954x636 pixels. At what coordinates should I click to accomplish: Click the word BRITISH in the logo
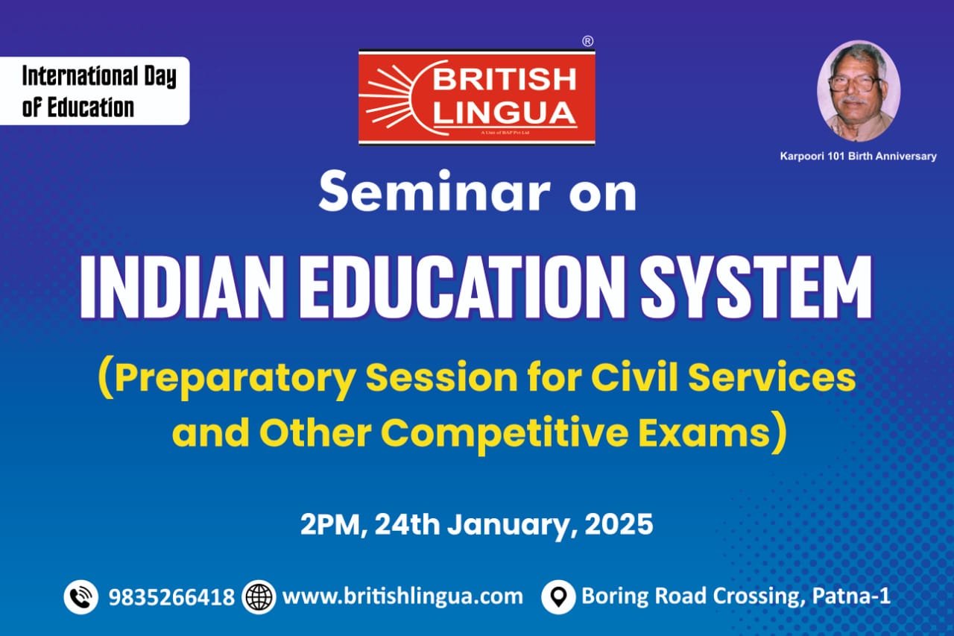click(x=504, y=80)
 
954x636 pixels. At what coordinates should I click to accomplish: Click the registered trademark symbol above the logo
click(x=588, y=41)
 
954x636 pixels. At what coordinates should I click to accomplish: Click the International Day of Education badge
click(x=95, y=91)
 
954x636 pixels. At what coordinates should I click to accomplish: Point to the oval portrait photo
click(x=859, y=91)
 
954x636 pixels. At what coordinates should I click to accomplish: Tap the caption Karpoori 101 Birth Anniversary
click(x=858, y=157)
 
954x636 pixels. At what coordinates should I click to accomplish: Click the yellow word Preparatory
click(x=235, y=379)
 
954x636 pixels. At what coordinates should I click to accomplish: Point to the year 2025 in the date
click(x=619, y=524)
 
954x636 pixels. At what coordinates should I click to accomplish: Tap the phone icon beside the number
click(x=81, y=596)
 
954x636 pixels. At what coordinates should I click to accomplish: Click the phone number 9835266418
click(x=171, y=597)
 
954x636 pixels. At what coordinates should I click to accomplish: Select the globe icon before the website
click(x=259, y=596)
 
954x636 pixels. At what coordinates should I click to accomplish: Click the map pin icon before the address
click(x=559, y=596)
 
